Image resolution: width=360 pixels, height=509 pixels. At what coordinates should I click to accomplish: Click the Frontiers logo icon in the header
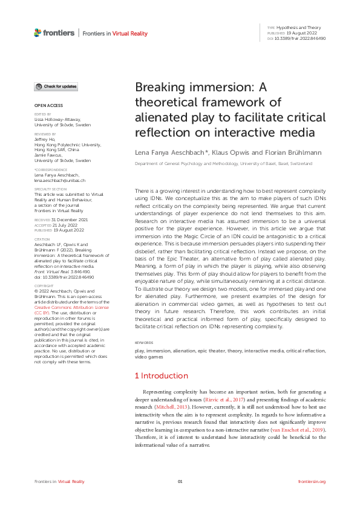[38, 33]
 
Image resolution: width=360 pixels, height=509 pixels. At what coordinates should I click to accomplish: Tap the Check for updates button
[56, 87]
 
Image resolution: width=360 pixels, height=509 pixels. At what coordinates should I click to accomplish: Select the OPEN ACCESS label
[45, 105]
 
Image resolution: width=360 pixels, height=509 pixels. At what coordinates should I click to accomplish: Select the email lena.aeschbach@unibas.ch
[59, 180]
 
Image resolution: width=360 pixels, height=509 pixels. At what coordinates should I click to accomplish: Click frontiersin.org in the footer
[312, 481]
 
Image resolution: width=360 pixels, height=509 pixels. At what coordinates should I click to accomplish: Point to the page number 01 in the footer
[180, 481]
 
